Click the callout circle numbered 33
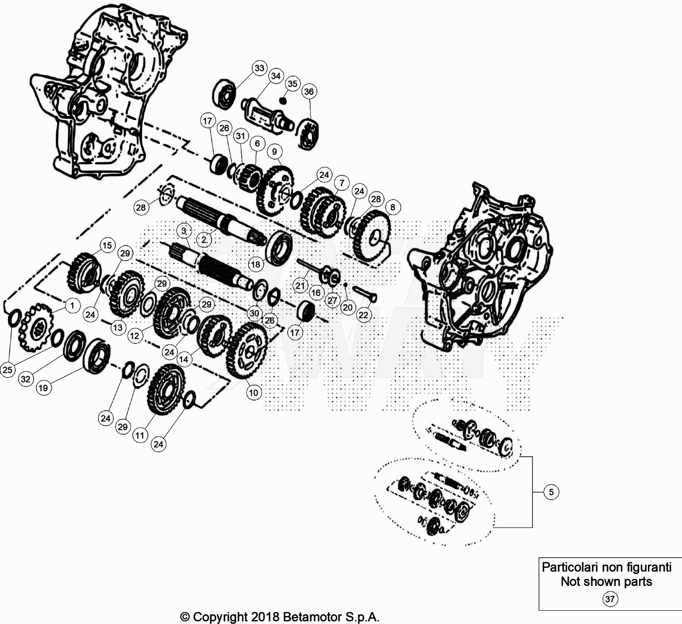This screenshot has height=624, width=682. click(259, 68)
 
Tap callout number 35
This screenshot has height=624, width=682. click(293, 84)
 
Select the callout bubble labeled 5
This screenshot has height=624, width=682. click(551, 492)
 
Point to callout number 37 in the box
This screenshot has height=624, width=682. click(609, 599)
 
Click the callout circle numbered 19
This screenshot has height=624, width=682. click(43, 388)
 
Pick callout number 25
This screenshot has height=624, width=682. click(8, 370)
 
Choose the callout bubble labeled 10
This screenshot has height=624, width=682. click(254, 392)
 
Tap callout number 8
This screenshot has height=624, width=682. click(393, 207)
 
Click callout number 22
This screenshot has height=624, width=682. click(363, 315)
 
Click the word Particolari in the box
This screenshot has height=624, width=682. click(569, 567)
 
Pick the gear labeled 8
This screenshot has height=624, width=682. click(372, 237)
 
